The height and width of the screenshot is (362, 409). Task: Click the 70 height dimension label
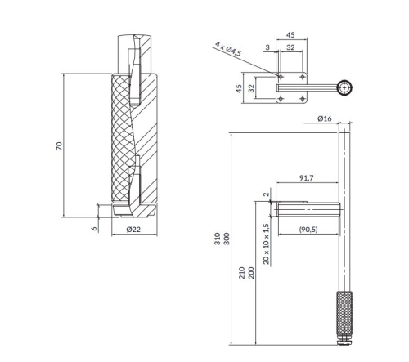tap(60, 145)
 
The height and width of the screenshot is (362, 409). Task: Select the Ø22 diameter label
tap(135, 230)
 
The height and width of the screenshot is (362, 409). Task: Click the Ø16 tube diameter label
tap(322, 119)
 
